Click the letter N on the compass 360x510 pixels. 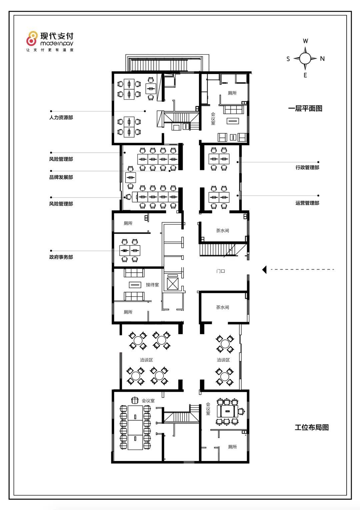[x=322, y=59]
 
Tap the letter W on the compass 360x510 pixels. [x=305, y=41]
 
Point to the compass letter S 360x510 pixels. [x=288, y=59]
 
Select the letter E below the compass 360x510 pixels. [x=305, y=75]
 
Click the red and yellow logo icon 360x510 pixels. [x=32, y=38]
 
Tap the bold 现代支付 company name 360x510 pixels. [x=57, y=36]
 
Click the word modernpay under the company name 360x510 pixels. [x=57, y=43]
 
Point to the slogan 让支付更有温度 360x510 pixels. [x=50, y=50]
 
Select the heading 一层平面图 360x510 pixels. [x=305, y=108]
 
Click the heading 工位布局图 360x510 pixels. [x=312, y=428]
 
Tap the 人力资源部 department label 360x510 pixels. [x=61, y=118]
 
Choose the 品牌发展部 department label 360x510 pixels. [x=61, y=177]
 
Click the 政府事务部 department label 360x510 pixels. [x=61, y=257]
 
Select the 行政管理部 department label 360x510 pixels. [x=307, y=168]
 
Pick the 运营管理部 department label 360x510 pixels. [x=307, y=203]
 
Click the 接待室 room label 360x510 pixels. [x=152, y=284]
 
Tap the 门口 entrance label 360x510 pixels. [x=221, y=271]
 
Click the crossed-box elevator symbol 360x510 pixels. [x=172, y=283]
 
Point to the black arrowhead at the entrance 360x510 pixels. [x=264, y=269]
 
